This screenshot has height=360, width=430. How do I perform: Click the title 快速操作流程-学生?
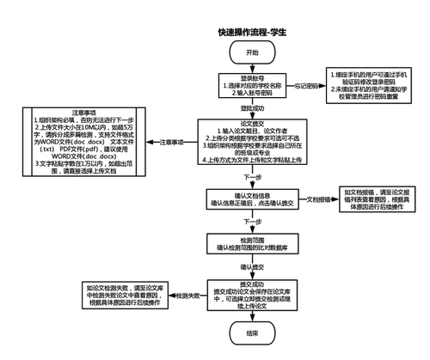pos(251,32)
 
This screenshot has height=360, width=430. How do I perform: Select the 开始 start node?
pos(251,52)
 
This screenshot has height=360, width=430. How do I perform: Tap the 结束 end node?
pos(251,333)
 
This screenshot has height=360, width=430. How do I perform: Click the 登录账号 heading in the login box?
pos(251,76)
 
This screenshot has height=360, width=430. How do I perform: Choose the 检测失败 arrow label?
pos(189,296)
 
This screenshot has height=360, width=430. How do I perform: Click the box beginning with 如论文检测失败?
pos(129,296)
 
